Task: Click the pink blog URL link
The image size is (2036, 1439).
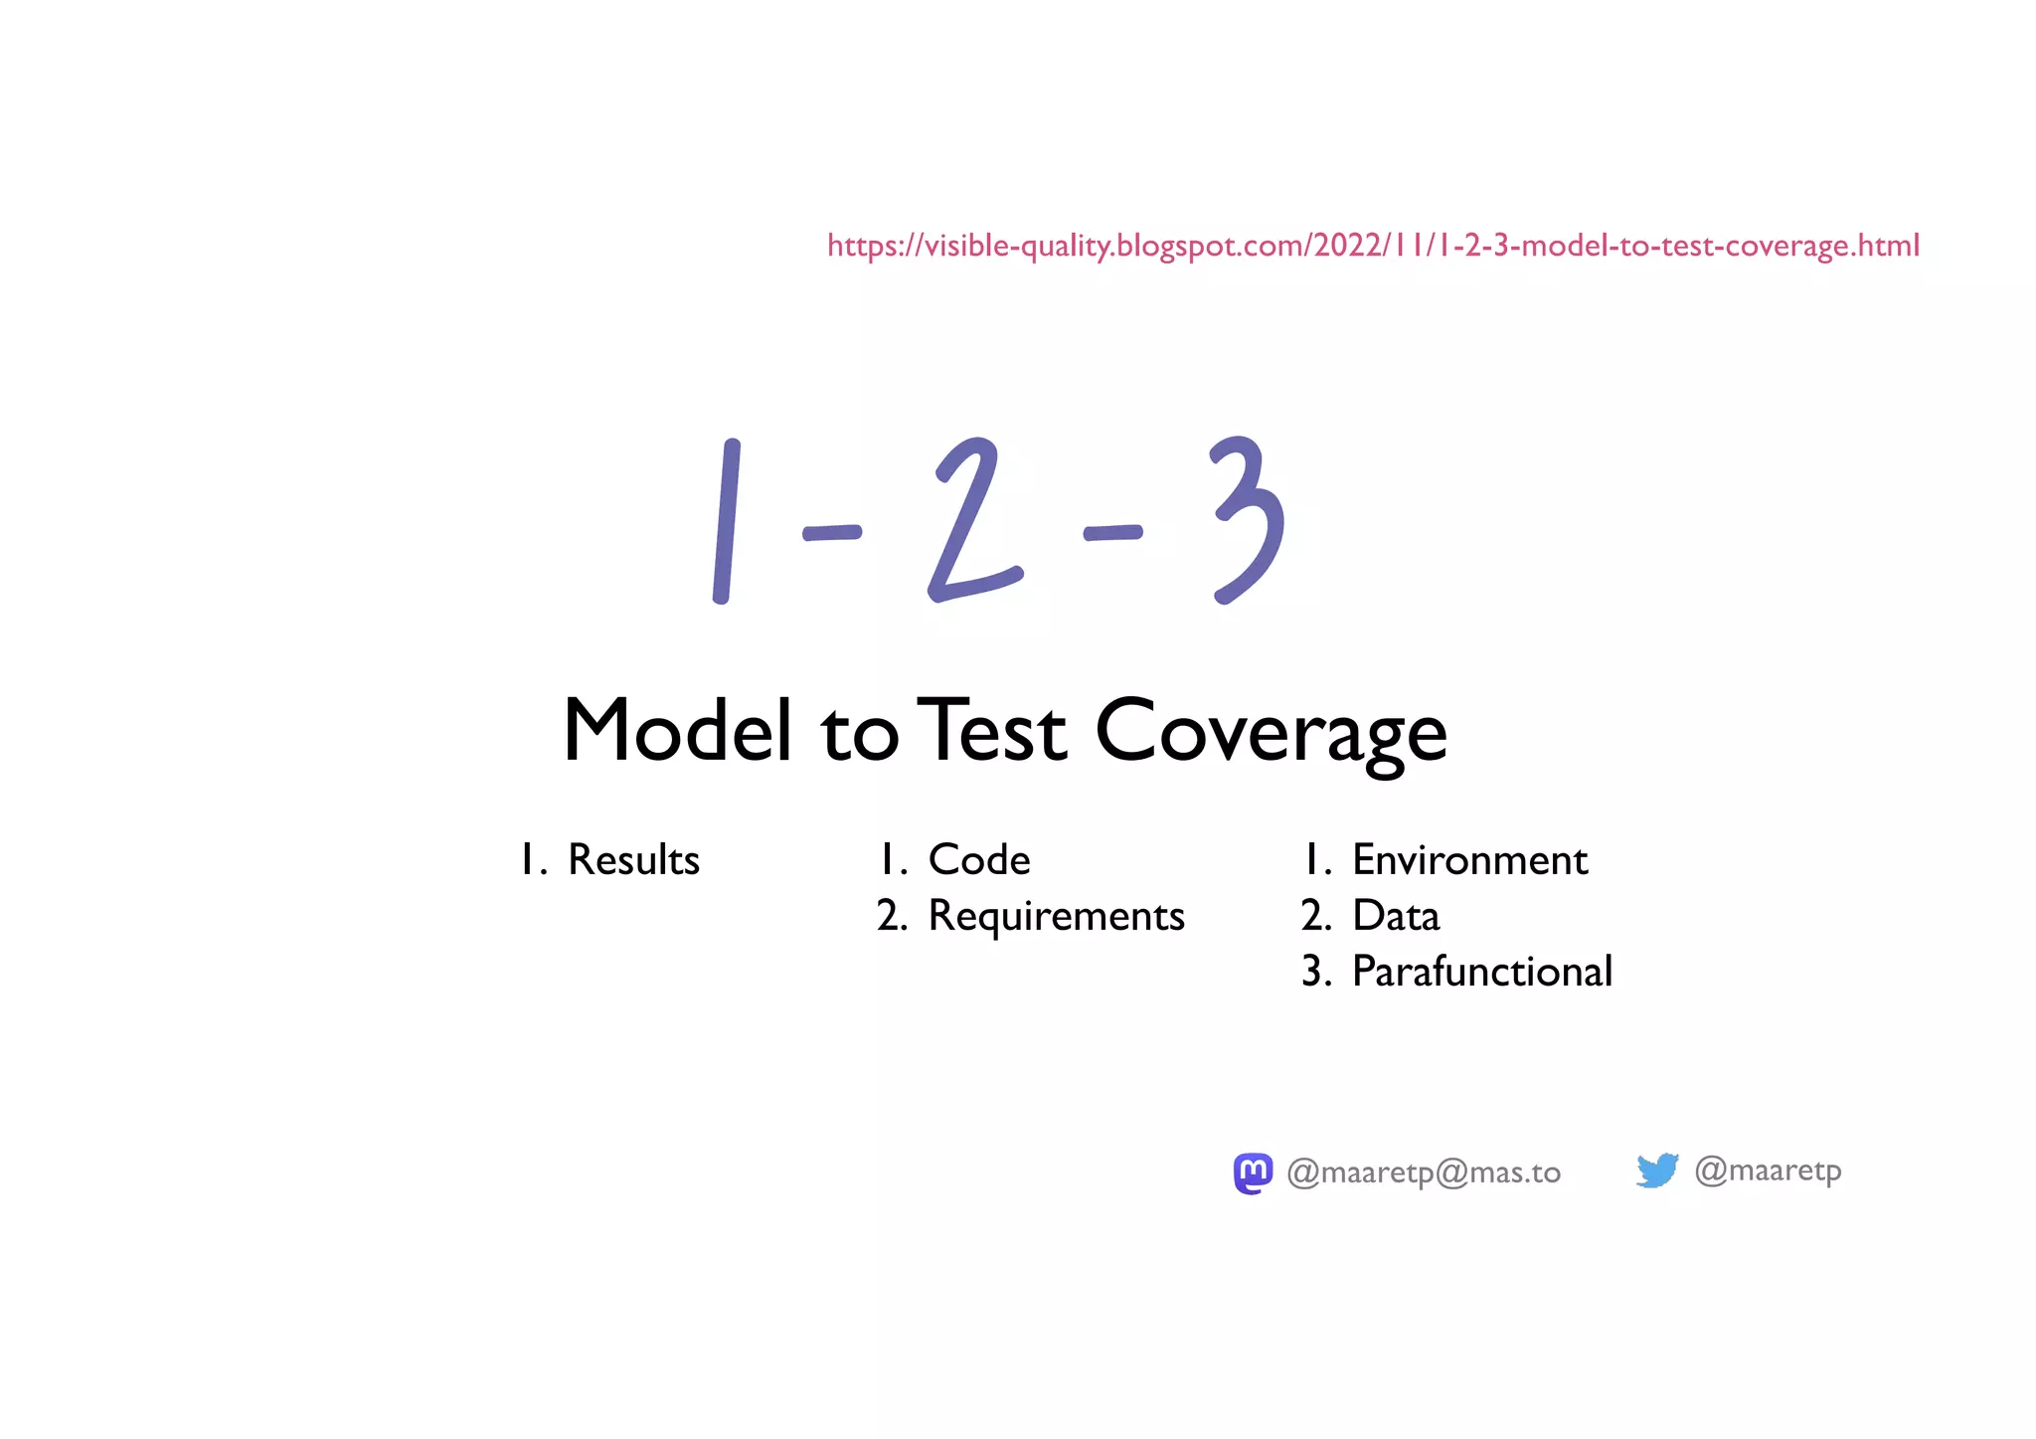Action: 1372,245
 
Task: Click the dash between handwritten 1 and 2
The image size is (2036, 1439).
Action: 831,533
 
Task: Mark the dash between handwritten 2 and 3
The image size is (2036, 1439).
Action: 1112,533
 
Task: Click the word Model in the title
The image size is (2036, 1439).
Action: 678,731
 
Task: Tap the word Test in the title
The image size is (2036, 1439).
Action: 991,731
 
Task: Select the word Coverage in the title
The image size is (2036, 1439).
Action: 1271,733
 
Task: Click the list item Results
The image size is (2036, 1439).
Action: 633,860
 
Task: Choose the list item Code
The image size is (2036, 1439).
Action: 978,860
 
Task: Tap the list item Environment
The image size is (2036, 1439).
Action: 1469,860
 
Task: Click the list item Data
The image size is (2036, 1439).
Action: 1395,916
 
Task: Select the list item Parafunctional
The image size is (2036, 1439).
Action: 1481,972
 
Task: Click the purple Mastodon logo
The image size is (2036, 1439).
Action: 1253,1173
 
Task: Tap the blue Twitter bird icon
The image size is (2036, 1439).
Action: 1657,1170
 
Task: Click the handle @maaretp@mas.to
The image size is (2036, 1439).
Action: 1424,1173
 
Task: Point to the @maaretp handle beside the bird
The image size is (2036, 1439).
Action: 1768,1170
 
